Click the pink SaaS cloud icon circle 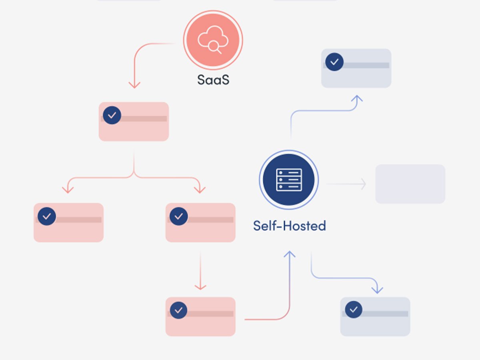pos(213,40)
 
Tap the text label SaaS pos(213,80)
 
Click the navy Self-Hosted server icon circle pos(289,180)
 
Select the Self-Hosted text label pos(290,226)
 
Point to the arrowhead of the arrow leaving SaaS pos(134,85)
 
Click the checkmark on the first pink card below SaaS pos(112,115)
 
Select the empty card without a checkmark pos(410,184)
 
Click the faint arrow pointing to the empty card pos(346,184)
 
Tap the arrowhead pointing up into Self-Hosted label pos(289,254)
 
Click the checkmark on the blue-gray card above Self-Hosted pos(334,62)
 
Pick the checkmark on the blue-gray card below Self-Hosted pos(353,309)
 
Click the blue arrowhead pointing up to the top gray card pos(357,98)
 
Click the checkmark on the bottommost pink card pos(178,310)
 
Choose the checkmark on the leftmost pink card pos(47,216)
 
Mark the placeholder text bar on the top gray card pos(366,65)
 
